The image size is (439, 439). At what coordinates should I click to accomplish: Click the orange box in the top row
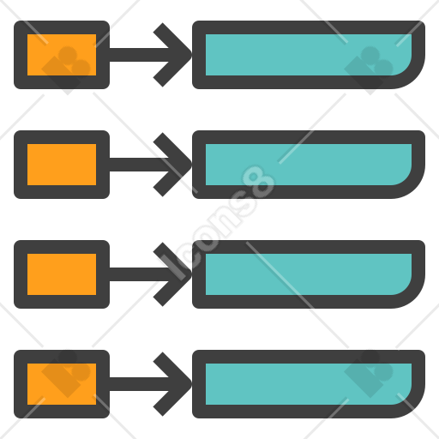[62, 55]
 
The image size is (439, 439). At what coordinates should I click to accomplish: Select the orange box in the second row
[62, 165]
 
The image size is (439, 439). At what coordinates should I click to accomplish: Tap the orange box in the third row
[62, 274]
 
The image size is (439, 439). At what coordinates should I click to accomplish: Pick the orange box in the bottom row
[62, 384]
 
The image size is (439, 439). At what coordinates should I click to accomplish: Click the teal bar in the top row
[309, 55]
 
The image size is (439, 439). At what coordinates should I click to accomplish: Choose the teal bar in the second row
[309, 165]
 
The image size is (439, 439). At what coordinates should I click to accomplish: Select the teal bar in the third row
[309, 274]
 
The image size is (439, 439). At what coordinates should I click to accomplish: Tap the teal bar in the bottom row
[309, 384]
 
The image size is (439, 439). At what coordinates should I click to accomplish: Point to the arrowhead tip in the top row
[191, 55]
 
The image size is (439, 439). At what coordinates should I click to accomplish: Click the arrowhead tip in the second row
[191, 165]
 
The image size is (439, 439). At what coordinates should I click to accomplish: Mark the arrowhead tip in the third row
[191, 274]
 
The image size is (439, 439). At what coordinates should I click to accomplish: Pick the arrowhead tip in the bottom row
[191, 384]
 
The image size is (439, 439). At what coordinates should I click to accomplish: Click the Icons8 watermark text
[218, 221]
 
